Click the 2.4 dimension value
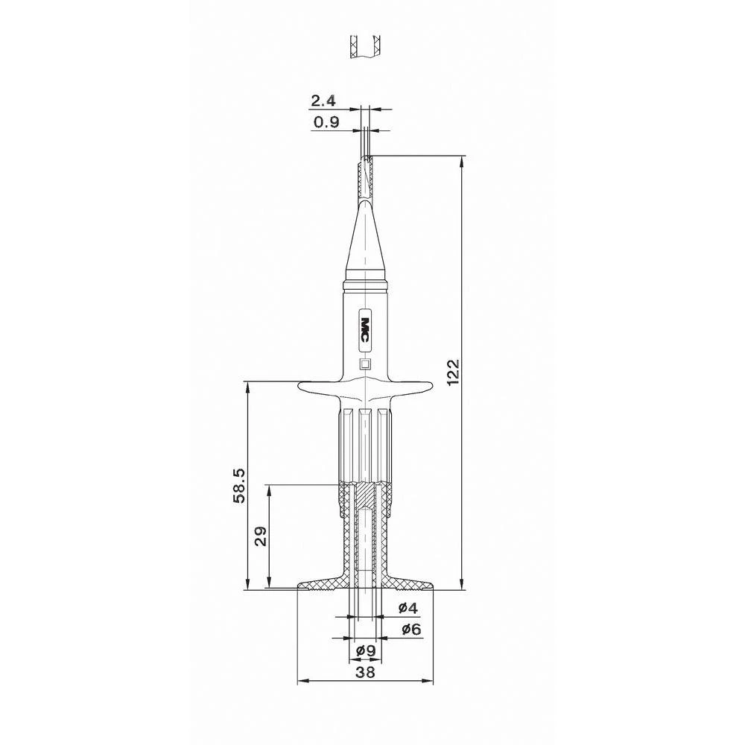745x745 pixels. pyautogui.click(x=325, y=101)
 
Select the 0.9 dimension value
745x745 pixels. pyautogui.click(x=326, y=123)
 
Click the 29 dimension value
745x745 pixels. pyautogui.click(x=260, y=536)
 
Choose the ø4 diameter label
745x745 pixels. pyautogui.click(x=408, y=608)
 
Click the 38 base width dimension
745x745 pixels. pyautogui.click(x=365, y=672)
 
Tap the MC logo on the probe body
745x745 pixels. pyautogui.click(x=366, y=328)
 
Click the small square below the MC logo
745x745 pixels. pyautogui.click(x=365, y=364)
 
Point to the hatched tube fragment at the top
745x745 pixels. pyautogui.click(x=365, y=46)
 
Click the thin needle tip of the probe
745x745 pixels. pyautogui.click(x=365, y=142)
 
